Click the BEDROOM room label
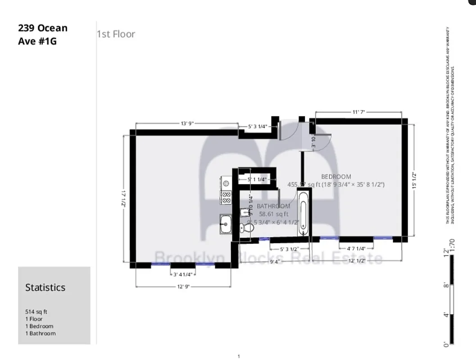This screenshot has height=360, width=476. [336, 177]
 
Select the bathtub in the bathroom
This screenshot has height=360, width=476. [303, 212]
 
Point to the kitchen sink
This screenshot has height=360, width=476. [225, 224]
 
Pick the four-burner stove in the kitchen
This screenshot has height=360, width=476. [226, 197]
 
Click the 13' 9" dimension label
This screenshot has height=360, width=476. [187, 123]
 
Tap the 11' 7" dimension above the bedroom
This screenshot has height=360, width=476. [358, 112]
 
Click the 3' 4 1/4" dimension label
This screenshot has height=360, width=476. [183, 274]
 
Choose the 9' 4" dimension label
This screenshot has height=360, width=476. [275, 261]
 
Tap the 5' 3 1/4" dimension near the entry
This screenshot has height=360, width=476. [258, 127]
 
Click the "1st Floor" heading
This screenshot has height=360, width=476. [116, 34]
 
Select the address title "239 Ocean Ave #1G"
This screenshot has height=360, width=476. [42, 35]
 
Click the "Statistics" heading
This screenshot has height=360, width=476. [45, 288]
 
